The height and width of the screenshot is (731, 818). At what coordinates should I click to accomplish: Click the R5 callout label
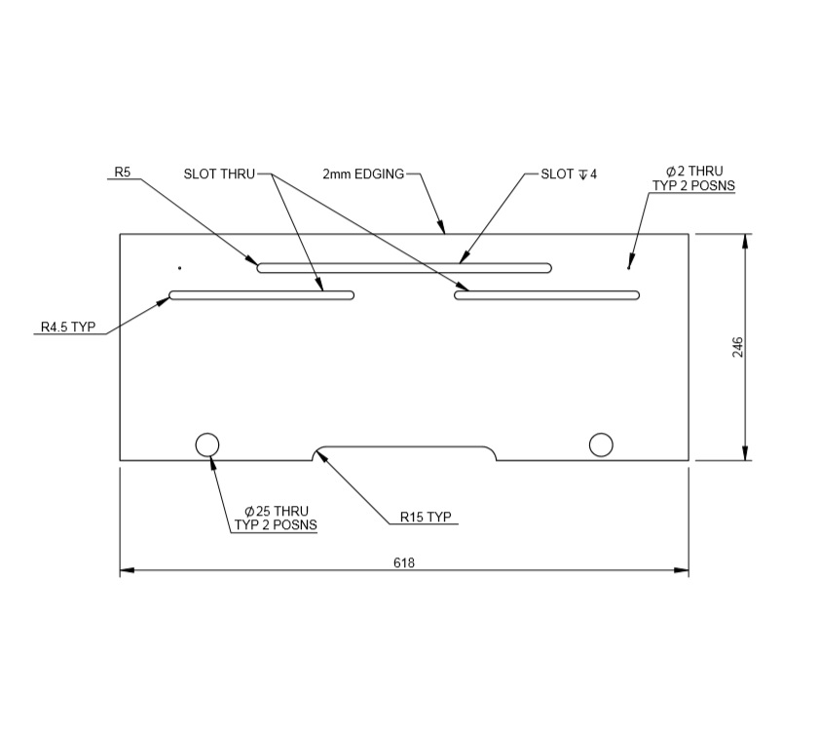123,173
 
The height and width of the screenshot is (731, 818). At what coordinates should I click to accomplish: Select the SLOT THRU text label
218,174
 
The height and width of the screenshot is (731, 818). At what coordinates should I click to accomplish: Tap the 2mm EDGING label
363,174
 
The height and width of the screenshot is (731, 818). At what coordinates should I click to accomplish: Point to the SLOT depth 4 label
569,174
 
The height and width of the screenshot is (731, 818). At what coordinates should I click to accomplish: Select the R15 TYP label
427,518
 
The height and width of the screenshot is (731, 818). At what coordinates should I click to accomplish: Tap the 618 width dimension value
404,563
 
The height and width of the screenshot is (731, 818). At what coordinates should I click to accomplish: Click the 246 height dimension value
737,347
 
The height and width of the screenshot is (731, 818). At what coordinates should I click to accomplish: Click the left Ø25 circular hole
207,444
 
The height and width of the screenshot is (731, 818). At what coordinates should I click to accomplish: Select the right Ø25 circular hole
601,444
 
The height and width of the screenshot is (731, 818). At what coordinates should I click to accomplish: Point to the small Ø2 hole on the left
179,267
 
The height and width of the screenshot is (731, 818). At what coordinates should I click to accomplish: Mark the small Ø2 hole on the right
629,267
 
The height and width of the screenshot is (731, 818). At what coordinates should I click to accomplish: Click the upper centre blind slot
404,267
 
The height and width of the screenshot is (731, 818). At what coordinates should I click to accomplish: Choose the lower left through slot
261,294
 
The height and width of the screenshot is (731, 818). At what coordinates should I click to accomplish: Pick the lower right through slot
546,294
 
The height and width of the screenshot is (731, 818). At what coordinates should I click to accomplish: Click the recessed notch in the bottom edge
404,452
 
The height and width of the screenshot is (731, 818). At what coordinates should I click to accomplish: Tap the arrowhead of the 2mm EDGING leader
444,231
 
